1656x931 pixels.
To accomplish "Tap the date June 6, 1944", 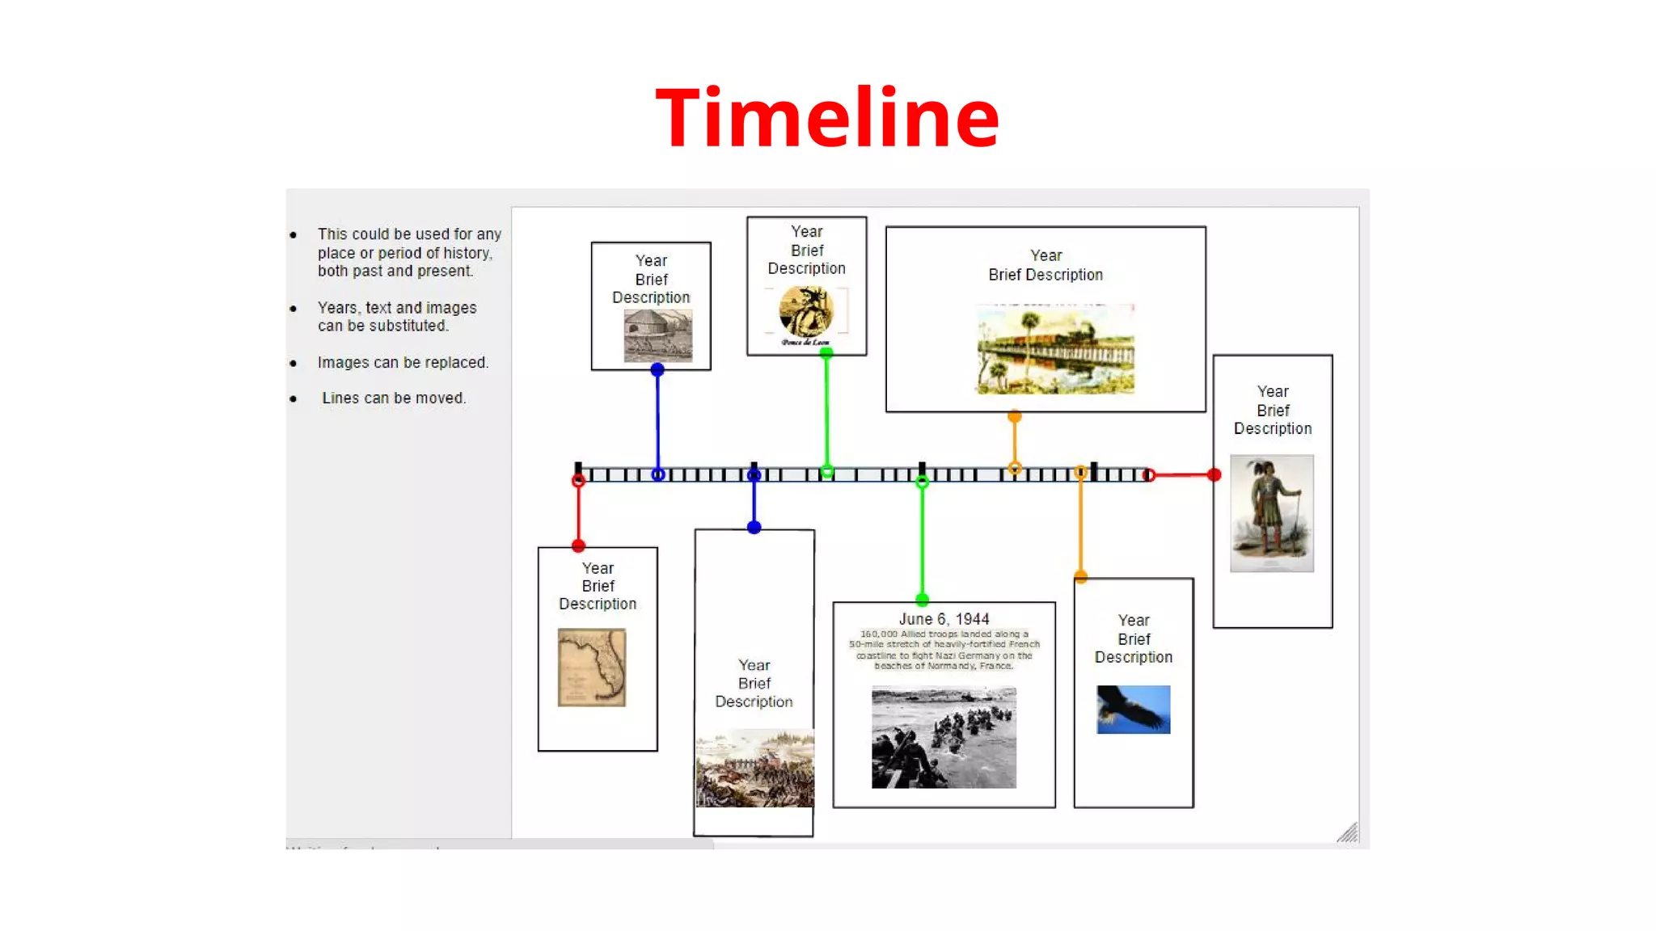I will [x=944, y=619].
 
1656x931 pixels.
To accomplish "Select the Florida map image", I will [x=592, y=668].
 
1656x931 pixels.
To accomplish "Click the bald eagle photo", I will [x=1133, y=710].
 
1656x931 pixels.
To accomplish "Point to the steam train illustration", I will [x=1055, y=349].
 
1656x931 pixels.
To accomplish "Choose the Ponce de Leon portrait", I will [x=805, y=313].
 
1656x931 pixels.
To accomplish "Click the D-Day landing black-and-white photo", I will [x=944, y=737].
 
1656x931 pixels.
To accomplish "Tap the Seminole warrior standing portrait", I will [x=1272, y=513].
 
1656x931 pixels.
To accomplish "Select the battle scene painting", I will [x=755, y=768].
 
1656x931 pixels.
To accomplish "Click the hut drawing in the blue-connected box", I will [x=658, y=336].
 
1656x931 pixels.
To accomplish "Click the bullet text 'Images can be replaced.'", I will [x=403, y=363].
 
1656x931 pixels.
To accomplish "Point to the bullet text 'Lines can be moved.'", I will [x=394, y=398].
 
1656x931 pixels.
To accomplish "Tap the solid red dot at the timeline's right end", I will [x=1214, y=475].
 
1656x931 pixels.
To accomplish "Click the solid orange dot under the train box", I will [x=1015, y=417].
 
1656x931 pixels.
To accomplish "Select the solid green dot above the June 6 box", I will [x=922, y=600].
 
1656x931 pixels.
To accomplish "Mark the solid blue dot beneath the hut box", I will [x=657, y=370].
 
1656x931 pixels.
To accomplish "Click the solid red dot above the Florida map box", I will [x=578, y=546].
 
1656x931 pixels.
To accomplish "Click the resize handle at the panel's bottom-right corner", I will [x=1347, y=832].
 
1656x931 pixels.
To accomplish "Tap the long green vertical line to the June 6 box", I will [x=922, y=541].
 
